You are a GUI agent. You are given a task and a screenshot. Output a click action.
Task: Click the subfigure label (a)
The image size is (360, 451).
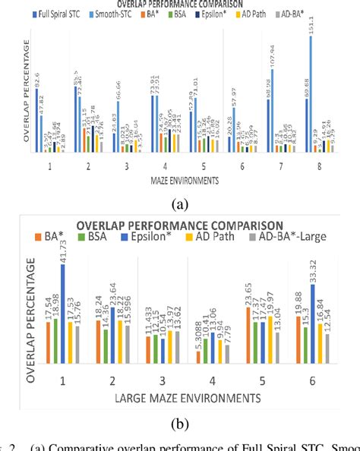coord(180,203)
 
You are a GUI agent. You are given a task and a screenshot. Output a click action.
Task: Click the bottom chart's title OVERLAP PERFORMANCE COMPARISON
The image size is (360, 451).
coord(180,225)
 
